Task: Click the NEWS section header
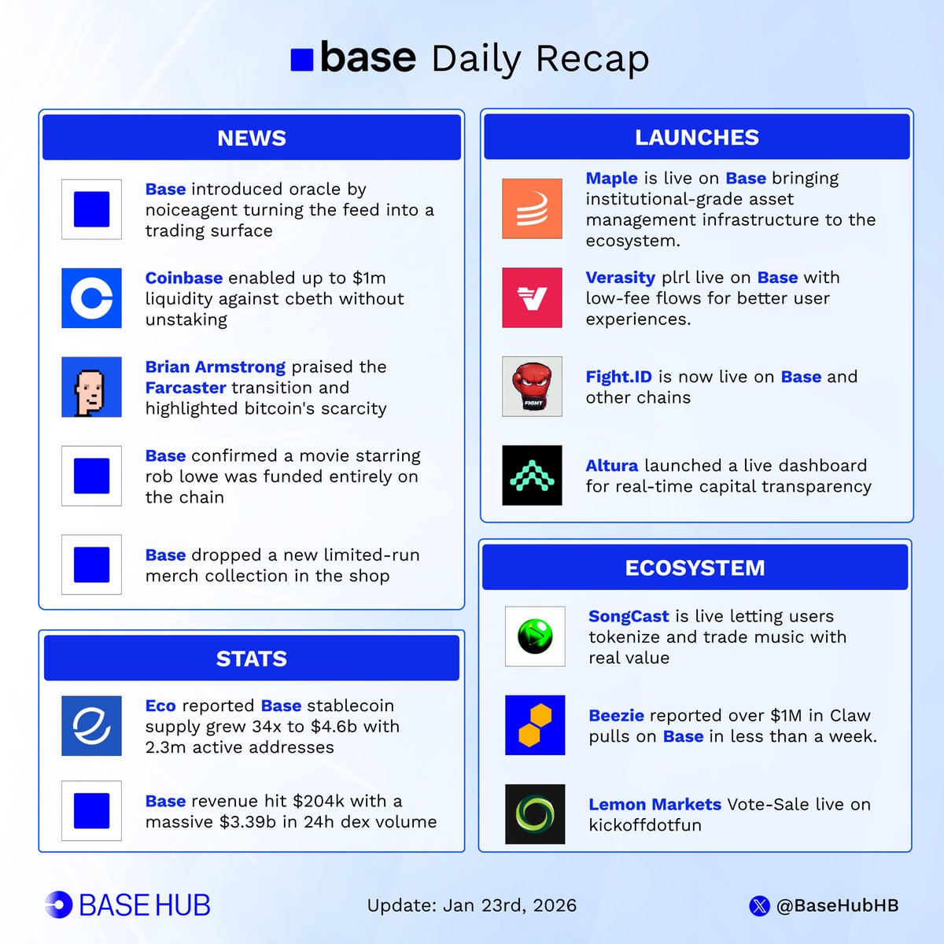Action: point(252,138)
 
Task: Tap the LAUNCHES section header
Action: point(697,137)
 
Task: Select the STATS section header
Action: point(252,658)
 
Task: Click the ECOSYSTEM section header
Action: point(695,567)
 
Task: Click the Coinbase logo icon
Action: point(91,298)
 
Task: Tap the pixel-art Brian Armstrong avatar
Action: point(91,387)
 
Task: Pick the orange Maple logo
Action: point(532,208)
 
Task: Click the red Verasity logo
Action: point(532,297)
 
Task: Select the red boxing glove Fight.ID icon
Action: point(532,386)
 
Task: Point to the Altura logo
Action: point(532,475)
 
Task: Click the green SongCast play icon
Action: point(535,636)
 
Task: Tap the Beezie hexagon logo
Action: point(535,725)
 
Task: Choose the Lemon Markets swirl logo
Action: point(535,813)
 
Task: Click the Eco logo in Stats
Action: point(91,725)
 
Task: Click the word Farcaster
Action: point(186,388)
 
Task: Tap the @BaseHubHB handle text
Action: point(837,905)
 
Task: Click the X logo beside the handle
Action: point(759,906)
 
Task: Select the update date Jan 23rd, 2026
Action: point(510,905)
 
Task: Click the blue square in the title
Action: point(302,60)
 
